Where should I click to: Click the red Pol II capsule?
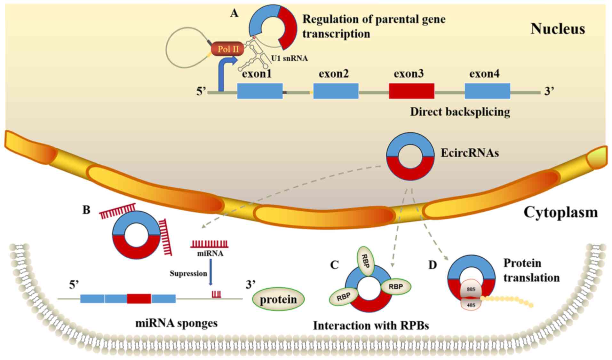pos(227,49)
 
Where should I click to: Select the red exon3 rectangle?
pos(411,91)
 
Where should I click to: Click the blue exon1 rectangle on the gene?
pos(260,91)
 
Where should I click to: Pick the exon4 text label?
pos(484,74)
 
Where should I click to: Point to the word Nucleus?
pos(558,29)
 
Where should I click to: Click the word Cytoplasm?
pos(560,212)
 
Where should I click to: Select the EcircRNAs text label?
pos(470,153)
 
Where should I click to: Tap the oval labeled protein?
pos(278,300)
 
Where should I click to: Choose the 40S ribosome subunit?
pos(471,305)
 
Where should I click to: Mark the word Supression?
pos(188,273)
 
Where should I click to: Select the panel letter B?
pos(86,210)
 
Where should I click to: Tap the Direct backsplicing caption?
pos(460,112)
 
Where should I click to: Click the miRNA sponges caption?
pos(176,323)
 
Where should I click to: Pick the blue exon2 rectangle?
pos(336,91)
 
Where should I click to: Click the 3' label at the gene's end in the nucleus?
pos(549,91)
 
